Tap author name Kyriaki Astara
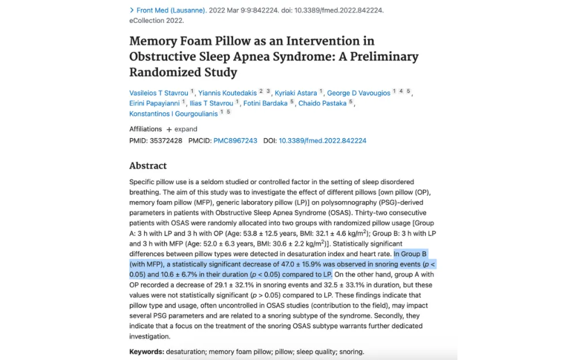point(295,93)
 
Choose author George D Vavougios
point(358,93)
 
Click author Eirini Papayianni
point(154,104)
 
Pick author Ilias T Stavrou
point(211,104)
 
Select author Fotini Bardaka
point(265,104)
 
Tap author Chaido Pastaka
point(322,104)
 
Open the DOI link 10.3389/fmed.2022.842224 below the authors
point(323,141)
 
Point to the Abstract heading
point(148,166)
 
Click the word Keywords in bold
point(146,351)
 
